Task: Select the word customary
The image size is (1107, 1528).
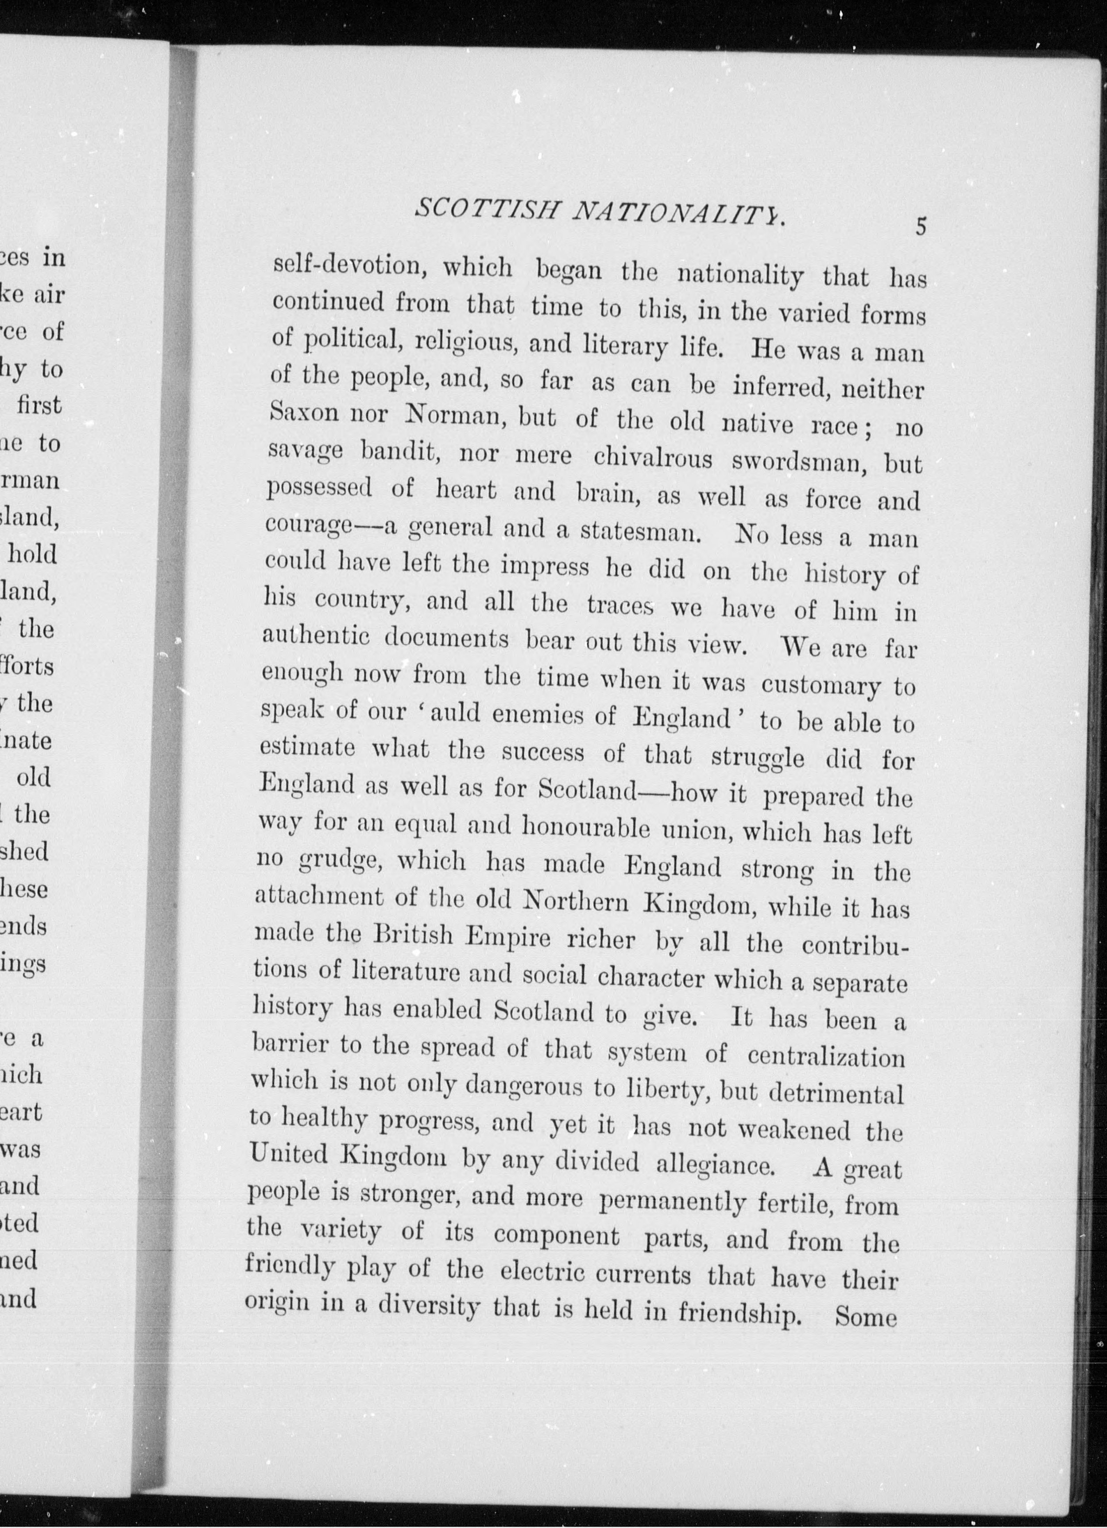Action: click(x=820, y=685)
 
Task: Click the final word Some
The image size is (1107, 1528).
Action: click(x=865, y=1317)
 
